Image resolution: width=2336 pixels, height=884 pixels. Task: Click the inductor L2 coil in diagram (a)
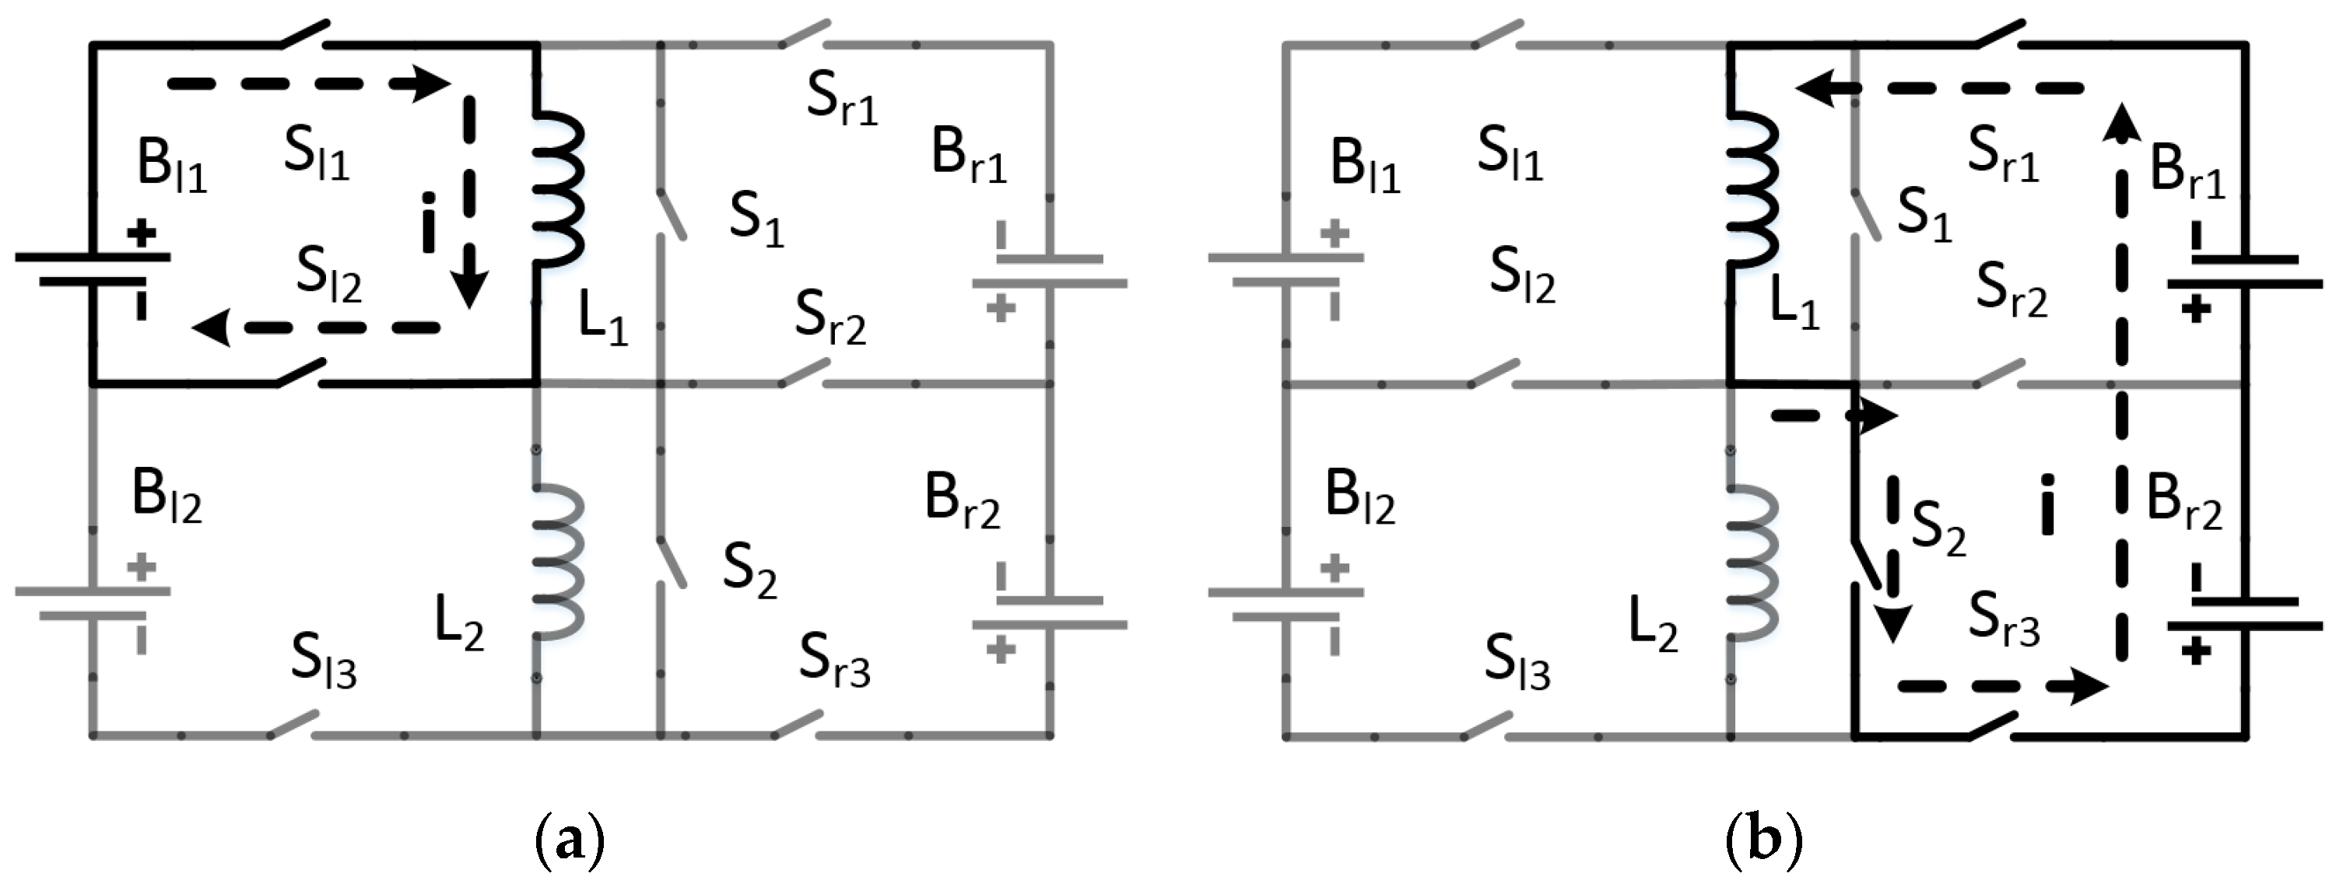pos(556,560)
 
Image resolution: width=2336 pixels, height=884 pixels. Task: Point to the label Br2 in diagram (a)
pos(962,500)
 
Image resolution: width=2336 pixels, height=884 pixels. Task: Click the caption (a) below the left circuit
pos(570,839)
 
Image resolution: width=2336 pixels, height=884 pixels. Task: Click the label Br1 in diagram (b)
pos(2187,170)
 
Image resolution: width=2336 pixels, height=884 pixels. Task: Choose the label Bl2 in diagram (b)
pos(1359,499)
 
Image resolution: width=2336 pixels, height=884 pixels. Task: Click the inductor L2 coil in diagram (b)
pos(1750,560)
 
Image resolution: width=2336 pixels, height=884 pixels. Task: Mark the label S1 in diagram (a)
pos(756,220)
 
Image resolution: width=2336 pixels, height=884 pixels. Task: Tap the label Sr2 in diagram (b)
pos(2012,291)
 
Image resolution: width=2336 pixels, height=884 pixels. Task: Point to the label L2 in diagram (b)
pos(1653,625)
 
